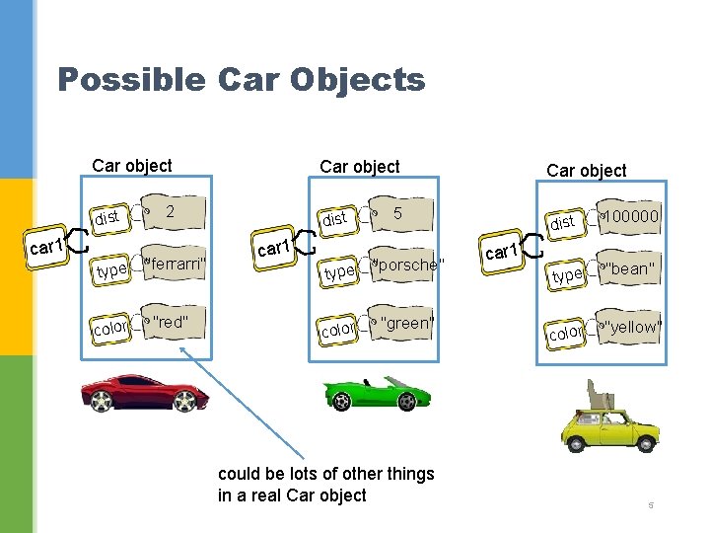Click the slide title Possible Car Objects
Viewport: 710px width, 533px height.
tap(241, 79)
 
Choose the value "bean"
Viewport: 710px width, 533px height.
tap(631, 268)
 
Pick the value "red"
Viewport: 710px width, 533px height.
tap(170, 322)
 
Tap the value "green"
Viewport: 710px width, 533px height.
tap(406, 323)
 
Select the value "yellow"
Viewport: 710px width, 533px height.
tap(632, 327)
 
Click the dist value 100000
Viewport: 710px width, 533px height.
tap(632, 216)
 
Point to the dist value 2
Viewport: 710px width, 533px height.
tap(171, 210)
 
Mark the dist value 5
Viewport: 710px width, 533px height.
tap(397, 212)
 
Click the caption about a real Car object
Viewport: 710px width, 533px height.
tap(325, 485)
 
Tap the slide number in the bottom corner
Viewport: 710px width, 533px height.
tap(651, 506)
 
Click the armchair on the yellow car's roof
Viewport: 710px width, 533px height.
tap(601, 395)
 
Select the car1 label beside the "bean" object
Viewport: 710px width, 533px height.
tap(502, 253)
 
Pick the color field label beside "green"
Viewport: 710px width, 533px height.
tap(337, 331)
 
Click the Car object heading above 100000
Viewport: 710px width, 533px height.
tap(586, 171)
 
